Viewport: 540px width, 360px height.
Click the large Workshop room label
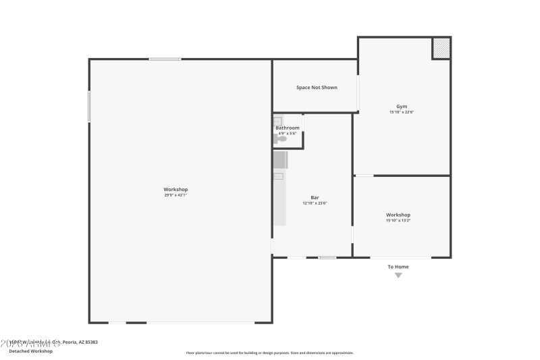pos(175,189)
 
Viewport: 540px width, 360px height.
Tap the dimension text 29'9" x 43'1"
pos(175,195)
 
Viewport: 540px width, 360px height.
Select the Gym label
pos(402,106)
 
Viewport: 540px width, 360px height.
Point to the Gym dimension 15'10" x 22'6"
pos(402,112)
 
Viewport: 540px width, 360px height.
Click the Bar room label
pos(315,197)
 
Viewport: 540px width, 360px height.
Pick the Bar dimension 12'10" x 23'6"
pos(315,203)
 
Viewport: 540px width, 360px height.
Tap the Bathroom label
pos(288,128)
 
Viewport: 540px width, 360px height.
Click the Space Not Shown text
pos(317,87)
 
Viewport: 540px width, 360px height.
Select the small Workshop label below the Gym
pos(398,215)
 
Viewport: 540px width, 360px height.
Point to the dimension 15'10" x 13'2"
pos(398,221)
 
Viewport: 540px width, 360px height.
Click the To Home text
pos(398,267)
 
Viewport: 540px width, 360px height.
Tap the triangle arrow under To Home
pos(398,275)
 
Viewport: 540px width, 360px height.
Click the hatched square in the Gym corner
pos(441,48)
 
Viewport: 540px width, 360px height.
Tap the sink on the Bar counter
pos(277,176)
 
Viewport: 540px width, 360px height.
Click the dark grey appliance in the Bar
pos(280,160)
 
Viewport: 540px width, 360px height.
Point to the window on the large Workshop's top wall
pos(165,59)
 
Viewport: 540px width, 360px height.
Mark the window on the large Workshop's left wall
pos(89,107)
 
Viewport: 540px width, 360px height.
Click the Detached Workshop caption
pos(30,351)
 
